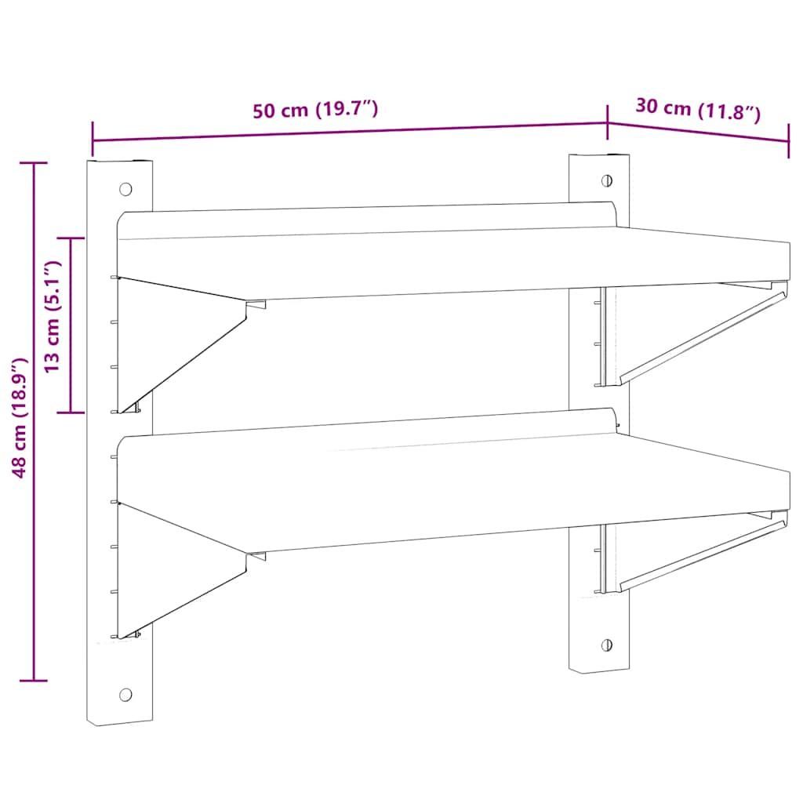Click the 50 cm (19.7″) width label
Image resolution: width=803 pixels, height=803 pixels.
tap(315, 110)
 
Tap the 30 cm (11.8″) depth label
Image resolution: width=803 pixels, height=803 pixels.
tap(698, 110)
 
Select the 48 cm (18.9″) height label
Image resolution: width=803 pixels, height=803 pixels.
tap(20, 418)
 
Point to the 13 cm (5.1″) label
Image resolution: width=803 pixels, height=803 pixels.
tap(53, 316)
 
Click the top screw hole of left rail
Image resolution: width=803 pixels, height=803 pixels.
tap(125, 189)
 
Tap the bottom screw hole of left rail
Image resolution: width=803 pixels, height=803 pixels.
tap(125, 695)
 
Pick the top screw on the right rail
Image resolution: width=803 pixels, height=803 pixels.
tap(607, 180)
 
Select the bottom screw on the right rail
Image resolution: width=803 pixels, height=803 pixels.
tap(607, 645)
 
